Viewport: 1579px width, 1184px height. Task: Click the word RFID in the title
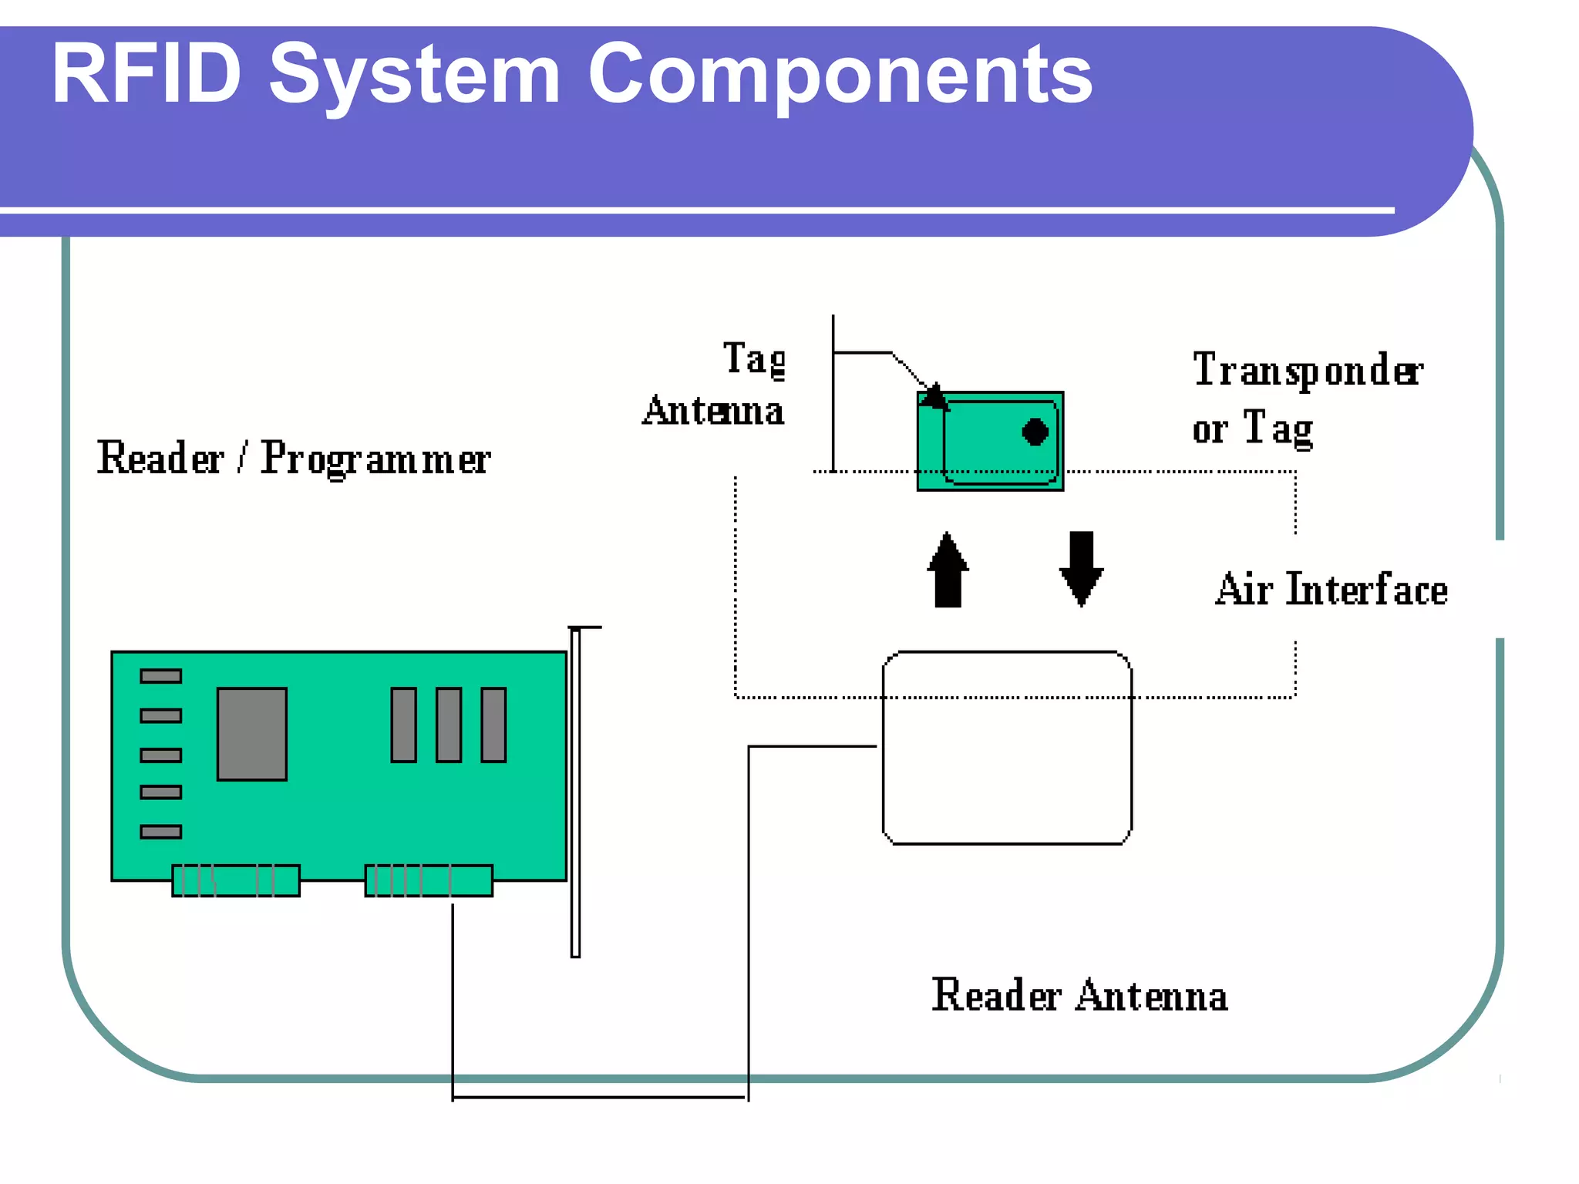[x=146, y=75]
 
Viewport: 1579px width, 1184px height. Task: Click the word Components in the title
[x=840, y=75]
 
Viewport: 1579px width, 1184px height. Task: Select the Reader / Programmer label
[x=293, y=459]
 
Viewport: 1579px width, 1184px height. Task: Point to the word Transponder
[x=1308, y=371]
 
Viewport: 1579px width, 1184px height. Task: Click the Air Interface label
[x=1332, y=590]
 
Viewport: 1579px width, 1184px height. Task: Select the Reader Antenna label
[x=1079, y=995]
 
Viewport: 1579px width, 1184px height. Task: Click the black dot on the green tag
[x=1035, y=432]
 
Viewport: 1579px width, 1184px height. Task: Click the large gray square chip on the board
[x=252, y=734]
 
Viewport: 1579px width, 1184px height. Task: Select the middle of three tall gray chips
[x=449, y=725]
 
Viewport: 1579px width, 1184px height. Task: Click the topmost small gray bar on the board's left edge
[x=160, y=676]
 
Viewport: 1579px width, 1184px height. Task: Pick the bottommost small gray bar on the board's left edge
[x=160, y=832]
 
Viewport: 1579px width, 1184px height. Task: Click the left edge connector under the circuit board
[x=236, y=880]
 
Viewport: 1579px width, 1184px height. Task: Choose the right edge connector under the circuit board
[x=429, y=880]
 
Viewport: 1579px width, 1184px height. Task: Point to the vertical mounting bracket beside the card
[x=575, y=794]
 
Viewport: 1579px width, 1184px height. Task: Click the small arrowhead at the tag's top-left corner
[x=934, y=396]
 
